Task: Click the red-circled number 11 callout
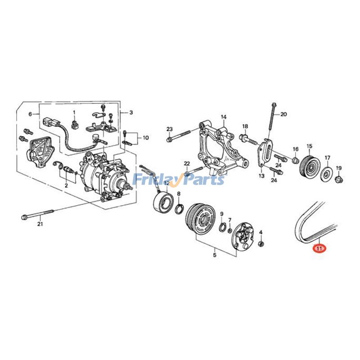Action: (x=320, y=248)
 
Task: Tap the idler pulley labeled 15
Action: (x=310, y=166)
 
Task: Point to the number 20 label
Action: (x=283, y=114)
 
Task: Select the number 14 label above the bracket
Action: (x=224, y=117)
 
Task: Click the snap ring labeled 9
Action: (x=222, y=228)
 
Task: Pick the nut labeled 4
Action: (x=261, y=243)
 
